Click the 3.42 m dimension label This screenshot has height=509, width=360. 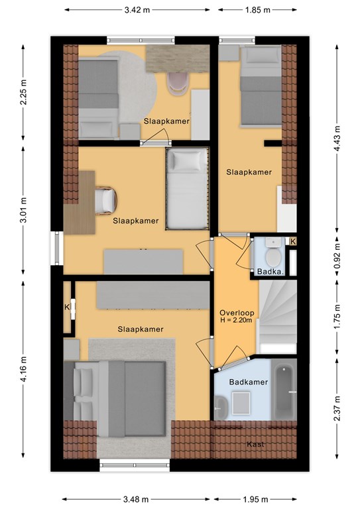137,10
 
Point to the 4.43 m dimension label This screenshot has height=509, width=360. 337,138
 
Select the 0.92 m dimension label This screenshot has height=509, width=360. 337,256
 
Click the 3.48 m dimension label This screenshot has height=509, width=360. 136,499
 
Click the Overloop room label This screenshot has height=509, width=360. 237,313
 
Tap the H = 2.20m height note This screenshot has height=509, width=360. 237,320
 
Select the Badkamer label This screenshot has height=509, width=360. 249,382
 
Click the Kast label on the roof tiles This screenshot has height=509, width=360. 255,444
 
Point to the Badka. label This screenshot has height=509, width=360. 270,272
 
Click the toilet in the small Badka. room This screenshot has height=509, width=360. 273,252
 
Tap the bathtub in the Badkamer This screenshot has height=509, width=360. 284,392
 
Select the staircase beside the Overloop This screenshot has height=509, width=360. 278,317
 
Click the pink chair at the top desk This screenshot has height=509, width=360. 177,83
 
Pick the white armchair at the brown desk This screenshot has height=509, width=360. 106,201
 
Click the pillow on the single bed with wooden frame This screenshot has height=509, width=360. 187,160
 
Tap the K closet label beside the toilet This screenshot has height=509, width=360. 293,241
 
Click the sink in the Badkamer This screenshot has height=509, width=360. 221,407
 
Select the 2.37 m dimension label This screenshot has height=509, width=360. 337,408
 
